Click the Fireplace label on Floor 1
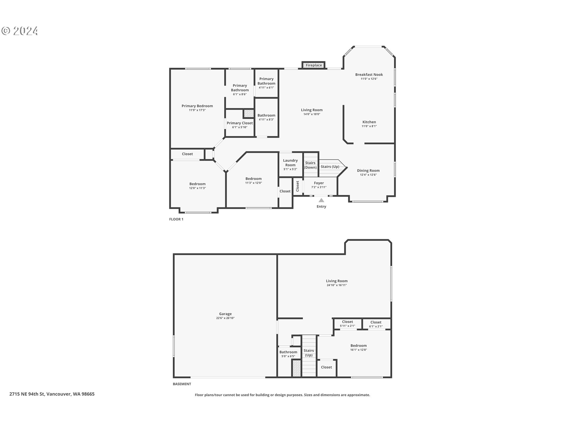314,65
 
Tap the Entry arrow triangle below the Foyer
321,200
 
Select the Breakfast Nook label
369,75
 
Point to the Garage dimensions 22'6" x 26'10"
225,318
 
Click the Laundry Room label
290,163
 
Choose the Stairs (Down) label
310,165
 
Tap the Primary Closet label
240,123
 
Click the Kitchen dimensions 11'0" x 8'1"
369,126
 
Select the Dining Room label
368,170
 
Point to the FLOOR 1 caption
176,219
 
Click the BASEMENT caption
182,384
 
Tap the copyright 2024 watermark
20,31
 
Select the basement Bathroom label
288,352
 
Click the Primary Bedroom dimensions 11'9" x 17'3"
197,110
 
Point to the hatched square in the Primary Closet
249,113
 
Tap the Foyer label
319,183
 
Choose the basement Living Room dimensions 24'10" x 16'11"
337,285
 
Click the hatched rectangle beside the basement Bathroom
297,368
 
